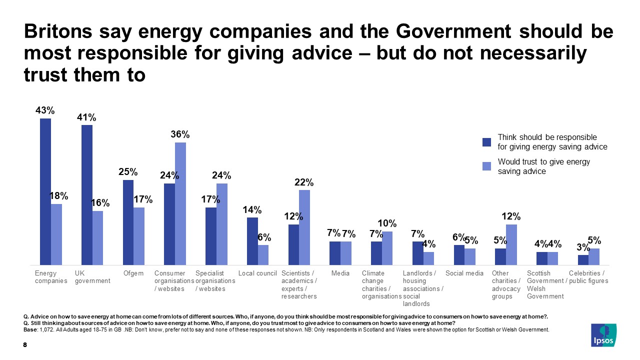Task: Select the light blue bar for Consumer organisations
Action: [x=180, y=203]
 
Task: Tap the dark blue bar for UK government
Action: [x=87, y=195]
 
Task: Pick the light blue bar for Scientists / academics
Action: [x=304, y=227]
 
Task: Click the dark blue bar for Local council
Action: [x=252, y=241]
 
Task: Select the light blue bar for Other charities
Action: [x=511, y=244]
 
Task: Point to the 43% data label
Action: [x=45, y=110]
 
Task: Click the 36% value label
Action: [x=180, y=134]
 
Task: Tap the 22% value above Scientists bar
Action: [x=304, y=182]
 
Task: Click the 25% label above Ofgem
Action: [x=128, y=172]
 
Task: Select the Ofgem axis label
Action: [x=133, y=273]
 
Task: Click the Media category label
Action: [x=340, y=273]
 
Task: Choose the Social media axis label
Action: [x=464, y=273]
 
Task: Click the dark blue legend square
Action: [x=486, y=142]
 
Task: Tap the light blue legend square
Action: [x=486, y=166]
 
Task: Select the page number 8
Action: [x=25, y=345]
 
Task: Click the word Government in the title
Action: [x=455, y=31]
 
